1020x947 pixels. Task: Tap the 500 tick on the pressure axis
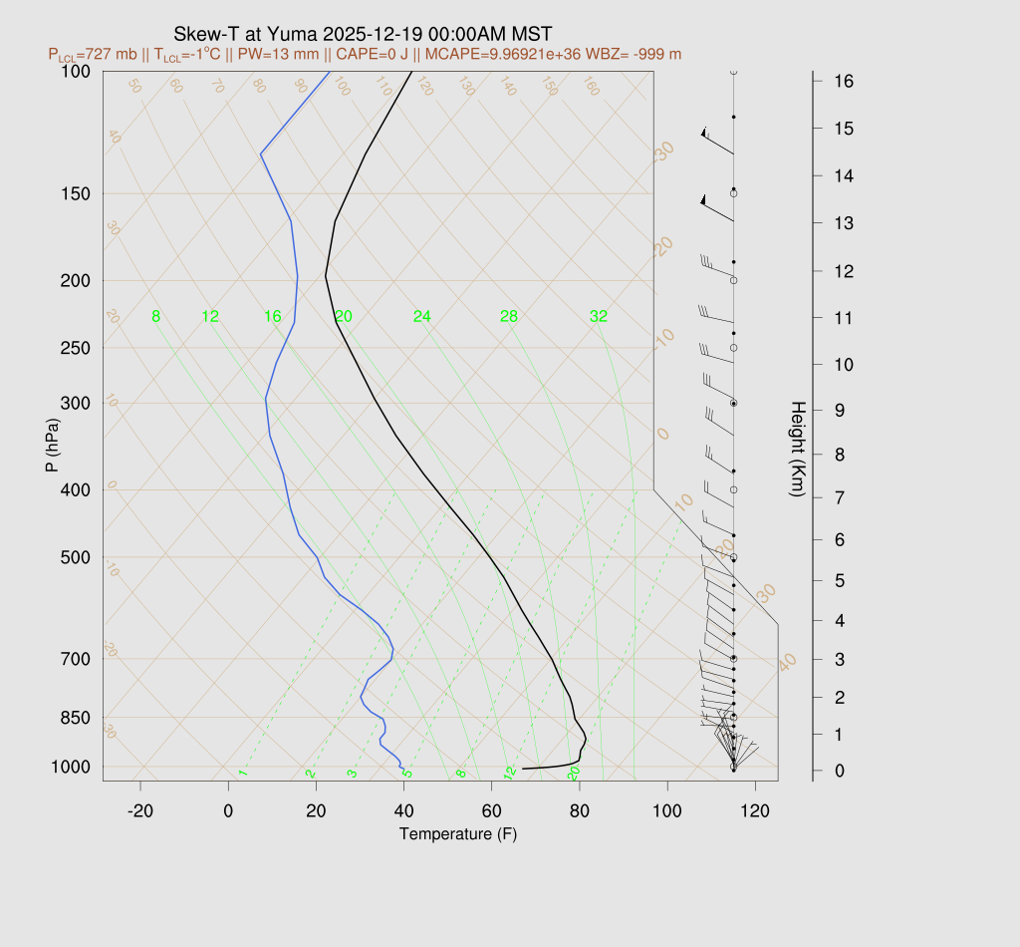pos(75,557)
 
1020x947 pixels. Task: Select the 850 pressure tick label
pos(75,718)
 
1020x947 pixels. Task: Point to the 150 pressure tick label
pos(75,193)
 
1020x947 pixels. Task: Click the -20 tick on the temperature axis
pos(140,811)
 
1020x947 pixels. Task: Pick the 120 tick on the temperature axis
pos(755,811)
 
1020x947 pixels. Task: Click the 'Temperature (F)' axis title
pos(458,833)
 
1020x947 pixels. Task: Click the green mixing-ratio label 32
pos(598,317)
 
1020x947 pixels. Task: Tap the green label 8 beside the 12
pos(155,317)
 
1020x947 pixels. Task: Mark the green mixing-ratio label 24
pos(422,317)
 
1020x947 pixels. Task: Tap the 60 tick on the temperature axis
pos(492,811)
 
